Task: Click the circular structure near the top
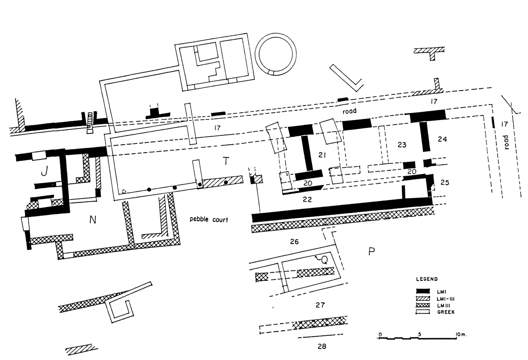(x=277, y=55)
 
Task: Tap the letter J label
(x=44, y=172)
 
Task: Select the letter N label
(x=93, y=220)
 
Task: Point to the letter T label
(x=226, y=161)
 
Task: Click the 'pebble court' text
(x=209, y=219)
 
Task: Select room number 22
(x=306, y=199)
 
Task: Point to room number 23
(x=402, y=145)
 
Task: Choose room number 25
(x=445, y=182)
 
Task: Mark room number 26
(x=294, y=241)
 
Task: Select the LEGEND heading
(x=425, y=279)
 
